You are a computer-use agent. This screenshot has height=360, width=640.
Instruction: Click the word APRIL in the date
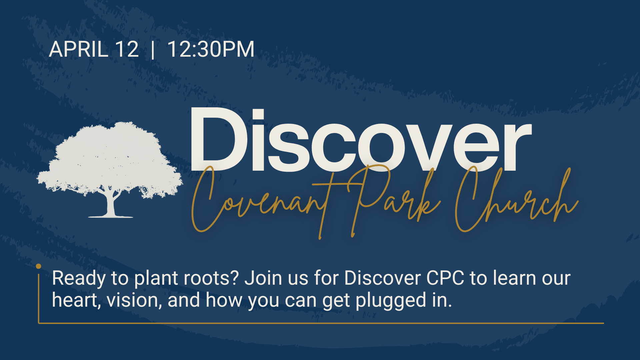(x=79, y=49)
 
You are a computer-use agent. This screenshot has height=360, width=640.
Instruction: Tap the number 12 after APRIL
(x=127, y=49)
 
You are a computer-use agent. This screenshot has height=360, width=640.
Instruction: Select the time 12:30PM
(x=211, y=49)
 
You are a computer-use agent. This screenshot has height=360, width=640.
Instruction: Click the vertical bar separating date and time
(x=153, y=50)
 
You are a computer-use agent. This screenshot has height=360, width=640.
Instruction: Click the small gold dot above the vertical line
(x=39, y=266)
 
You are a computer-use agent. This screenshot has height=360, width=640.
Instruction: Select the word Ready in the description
(x=79, y=278)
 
